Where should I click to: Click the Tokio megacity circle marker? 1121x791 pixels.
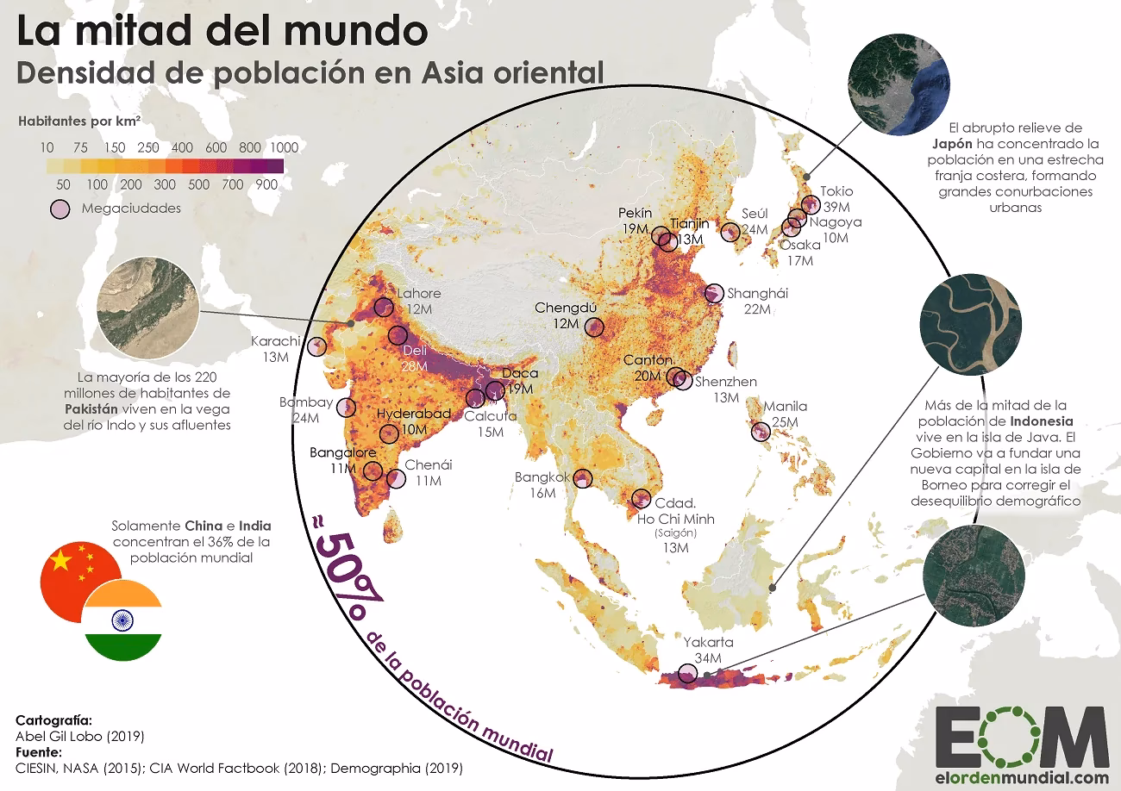point(810,204)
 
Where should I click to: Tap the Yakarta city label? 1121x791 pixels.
point(708,643)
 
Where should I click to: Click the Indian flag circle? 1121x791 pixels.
point(122,620)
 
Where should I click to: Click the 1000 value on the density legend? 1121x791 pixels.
point(284,147)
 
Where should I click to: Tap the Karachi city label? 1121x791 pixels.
point(275,341)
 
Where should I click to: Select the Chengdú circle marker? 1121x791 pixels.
point(594,327)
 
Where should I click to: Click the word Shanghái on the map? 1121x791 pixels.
point(757,294)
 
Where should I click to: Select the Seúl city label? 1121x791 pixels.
point(755,214)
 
